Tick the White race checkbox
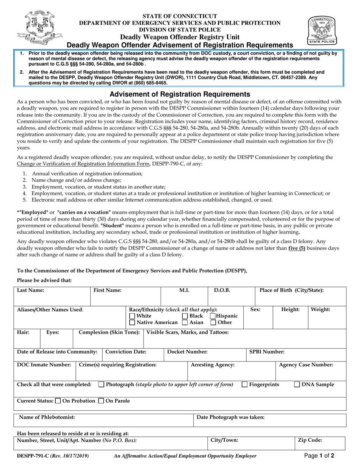pos(132,316)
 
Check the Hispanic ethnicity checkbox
pos(213,316)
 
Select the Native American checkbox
pos(132,323)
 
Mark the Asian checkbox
pos(185,323)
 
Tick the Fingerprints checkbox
pos(245,385)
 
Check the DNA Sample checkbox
pos(297,385)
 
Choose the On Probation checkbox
pos(58,401)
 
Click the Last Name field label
pos(30,291)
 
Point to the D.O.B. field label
pos(222,291)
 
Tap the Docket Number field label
pos(187,352)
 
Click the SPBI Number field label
pos(267,352)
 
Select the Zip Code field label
pos(310,440)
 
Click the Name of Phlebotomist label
pos(47,417)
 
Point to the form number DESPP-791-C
pos(33,456)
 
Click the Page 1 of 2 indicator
pos(319,456)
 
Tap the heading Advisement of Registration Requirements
pos(180,94)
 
